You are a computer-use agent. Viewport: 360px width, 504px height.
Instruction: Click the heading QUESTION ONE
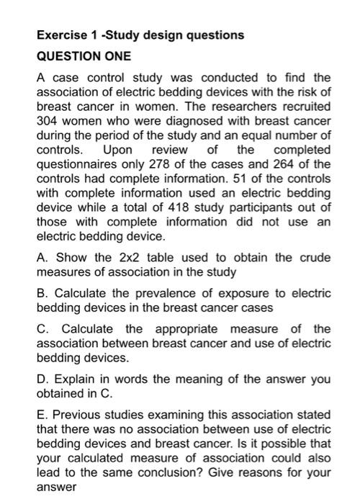(x=82, y=57)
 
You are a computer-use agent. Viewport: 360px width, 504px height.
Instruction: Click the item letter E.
(x=42, y=415)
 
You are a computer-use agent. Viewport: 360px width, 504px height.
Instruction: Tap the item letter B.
(x=42, y=294)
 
